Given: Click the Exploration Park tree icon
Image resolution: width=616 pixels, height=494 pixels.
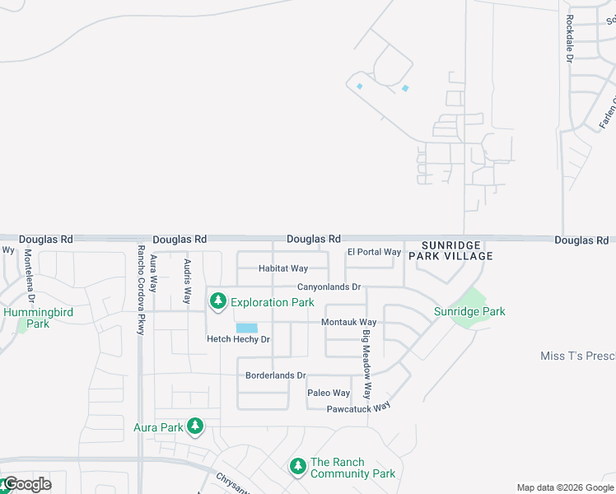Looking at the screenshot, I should click(218, 302).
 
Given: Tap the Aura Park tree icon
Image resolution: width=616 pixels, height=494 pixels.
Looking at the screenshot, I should click(195, 426).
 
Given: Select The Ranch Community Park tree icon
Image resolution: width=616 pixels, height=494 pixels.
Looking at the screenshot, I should click(298, 467).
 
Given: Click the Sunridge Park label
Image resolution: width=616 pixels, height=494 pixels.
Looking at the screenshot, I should click(469, 311).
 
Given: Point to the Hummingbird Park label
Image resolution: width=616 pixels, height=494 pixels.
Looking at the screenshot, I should click(26, 318).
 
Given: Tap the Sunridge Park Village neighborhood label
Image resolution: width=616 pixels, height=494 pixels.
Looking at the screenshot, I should click(457, 250).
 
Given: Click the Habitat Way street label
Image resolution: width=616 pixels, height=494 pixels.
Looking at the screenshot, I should click(282, 268).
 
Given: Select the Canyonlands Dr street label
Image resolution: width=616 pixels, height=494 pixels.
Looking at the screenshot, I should click(329, 287).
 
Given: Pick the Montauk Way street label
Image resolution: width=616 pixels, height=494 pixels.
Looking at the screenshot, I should click(348, 322).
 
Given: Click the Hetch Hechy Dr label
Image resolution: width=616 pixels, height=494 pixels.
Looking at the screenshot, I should click(238, 339).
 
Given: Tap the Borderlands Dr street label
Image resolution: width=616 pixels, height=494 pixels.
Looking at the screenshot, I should click(275, 375).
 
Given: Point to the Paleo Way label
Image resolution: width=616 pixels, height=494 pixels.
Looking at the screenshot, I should click(329, 393).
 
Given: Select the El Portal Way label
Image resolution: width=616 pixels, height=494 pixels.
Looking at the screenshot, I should click(374, 252).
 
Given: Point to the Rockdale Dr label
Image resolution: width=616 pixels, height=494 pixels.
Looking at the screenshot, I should click(569, 39).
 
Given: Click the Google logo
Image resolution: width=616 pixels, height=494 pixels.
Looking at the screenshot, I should click(27, 484).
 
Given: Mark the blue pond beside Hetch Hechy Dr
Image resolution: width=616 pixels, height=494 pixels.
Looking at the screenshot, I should click(247, 328).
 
